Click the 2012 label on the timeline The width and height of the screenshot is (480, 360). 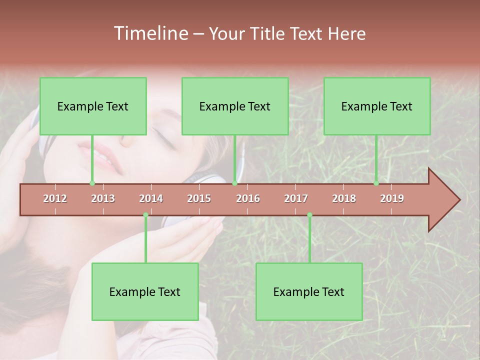pyautogui.click(x=55, y=198)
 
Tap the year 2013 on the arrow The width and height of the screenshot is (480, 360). pyautogui.click(x=103, y=198)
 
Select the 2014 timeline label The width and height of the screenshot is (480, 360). pyautogui.click(x=151, y=198)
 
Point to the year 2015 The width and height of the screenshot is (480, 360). pyautogui.click(x=199, y=198)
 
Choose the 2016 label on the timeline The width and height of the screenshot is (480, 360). pyautogui.click(x=248, y=198)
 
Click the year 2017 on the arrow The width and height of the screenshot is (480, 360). pyautogui.click(x=296, y=198)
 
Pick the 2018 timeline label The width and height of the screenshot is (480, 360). pyautogui.click(x=344, y=198)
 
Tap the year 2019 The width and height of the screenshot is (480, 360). pyautogui.click(x=392, y=198)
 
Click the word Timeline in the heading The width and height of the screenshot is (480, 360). pyautogui.click(x=150, y=33)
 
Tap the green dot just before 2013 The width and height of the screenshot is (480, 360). pyautogui.click(x=92, y=183)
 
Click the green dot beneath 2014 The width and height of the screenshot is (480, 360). pyautogui.click(x=145, y=215)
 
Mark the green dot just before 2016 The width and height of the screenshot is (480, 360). pyautogui.click(x=234, y=183)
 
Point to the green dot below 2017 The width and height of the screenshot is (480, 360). pyautogui.click(x=309, y=215)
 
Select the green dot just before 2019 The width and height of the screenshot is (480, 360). pyautogui.click(x=376, y=183)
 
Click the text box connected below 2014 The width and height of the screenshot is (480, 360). pyautogui.click(x=145, y=291)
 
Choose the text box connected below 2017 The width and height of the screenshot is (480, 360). pyautogui.click(x=309, y=291)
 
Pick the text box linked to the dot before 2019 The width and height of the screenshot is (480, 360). pyautogui.click(x=377, y=106)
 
